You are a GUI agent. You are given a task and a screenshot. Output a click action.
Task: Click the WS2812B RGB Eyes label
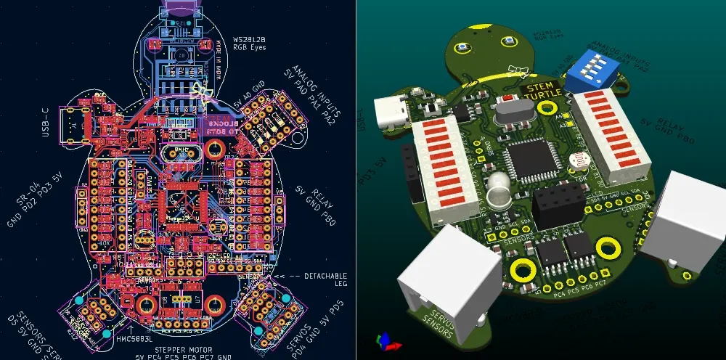pos(248,42)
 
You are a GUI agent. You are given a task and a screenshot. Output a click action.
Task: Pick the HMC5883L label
pos(133,338)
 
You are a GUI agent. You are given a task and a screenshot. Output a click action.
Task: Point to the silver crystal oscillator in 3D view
pos(512,113)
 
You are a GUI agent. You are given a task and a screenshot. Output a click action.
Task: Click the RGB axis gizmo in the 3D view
pos(384,338)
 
